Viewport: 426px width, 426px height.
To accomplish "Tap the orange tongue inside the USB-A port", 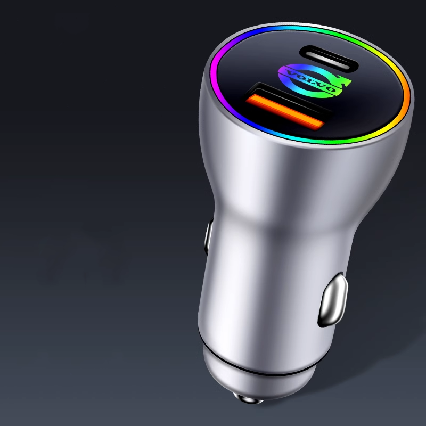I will pos(284,110).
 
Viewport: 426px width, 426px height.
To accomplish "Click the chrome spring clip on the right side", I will pos(333,300).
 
